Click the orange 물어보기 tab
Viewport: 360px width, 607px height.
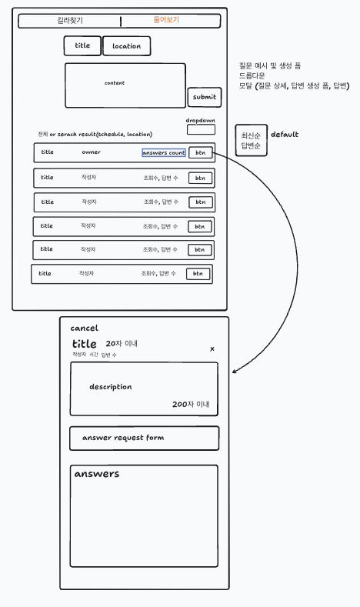click(166, 20)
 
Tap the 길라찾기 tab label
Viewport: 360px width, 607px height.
click(70, 21)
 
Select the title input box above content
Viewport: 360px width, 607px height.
click(82, 45)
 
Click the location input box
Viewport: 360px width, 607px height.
click(127, 46)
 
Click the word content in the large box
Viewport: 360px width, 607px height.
click(115, 83)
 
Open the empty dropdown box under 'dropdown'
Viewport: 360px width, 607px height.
click(201, 130)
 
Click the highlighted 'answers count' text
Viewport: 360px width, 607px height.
click(164, 152)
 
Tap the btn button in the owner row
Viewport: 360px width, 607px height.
click(201, 152)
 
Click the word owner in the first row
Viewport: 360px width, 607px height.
click(91, 152)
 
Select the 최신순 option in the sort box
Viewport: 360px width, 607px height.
click(251, 135)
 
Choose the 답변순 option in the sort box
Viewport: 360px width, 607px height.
click(251, 145)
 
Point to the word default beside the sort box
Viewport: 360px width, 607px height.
click(285, 135)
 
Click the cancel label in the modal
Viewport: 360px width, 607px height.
click(85, 329)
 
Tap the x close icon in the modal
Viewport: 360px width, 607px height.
click(212, 349)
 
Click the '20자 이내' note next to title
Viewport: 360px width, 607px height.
click(122, 343)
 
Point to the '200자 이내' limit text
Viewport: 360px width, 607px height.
click(191, 404)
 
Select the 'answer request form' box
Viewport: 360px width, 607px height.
click(144, 439)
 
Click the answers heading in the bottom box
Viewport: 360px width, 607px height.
click(97, 474)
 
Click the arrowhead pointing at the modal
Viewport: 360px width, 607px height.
click(234, 372)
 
